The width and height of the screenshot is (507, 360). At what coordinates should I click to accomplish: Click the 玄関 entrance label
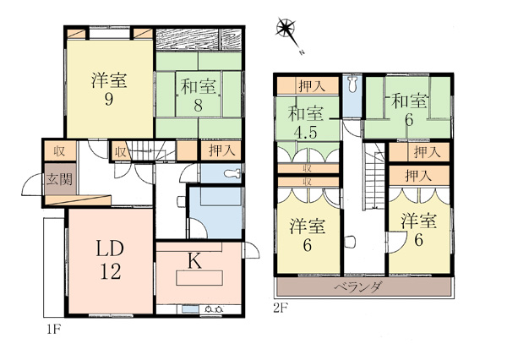(59, 179)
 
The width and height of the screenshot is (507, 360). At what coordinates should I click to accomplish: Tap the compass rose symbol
(286, 28)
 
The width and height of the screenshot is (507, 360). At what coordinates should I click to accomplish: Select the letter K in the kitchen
(195, 262)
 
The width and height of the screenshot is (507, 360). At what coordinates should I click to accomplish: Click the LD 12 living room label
(110, 259)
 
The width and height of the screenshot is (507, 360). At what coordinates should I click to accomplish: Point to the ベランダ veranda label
(358, 286)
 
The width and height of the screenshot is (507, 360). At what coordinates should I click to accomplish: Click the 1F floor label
(54, 330)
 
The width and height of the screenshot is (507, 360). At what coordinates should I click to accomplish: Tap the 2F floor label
(280, 308)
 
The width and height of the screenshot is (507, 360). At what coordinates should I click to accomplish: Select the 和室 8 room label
(198, 95)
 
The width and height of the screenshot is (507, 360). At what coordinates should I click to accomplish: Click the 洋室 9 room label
(109, 90)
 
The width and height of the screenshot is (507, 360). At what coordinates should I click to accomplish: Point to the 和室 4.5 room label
(306, 123)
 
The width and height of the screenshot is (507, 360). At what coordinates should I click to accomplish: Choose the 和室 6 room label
(409, 110)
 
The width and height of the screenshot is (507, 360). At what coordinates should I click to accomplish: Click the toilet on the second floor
(352, 84)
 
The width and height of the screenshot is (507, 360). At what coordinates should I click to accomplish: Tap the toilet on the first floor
(232, 174)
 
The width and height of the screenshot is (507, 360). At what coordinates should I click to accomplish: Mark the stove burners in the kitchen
(214, 309)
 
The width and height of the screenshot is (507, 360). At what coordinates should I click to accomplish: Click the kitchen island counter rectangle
(199, 278)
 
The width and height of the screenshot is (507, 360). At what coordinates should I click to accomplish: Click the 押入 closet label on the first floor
(221, 150)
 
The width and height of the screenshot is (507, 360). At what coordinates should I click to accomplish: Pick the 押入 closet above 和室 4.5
(308, 85)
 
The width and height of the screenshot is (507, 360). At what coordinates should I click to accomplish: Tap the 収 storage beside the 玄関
(60, 150)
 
